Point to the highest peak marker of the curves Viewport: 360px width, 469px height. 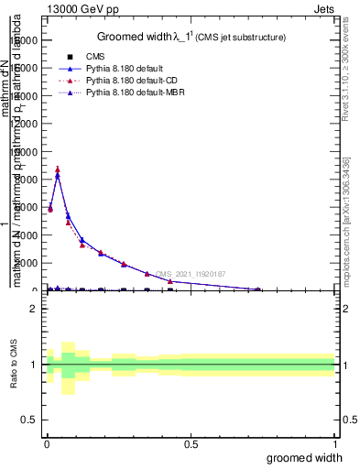point(58,169)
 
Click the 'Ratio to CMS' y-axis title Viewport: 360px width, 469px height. point(15,365)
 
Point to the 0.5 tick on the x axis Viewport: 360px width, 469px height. point(191,443)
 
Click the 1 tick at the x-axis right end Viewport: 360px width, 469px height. point(334,443)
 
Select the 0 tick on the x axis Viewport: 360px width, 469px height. point(47,443)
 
